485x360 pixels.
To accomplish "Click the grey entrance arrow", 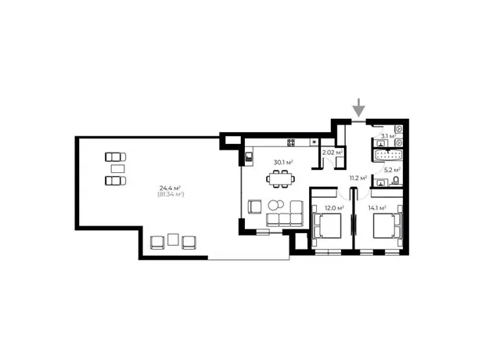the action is [359, 108].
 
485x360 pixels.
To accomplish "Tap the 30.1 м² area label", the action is [283, 162].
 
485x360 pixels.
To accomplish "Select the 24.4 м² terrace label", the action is [170, 188].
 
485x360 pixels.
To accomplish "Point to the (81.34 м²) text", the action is [171, 194].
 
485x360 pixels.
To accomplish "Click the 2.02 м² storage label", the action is [332, 153].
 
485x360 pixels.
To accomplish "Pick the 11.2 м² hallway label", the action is [358, 178].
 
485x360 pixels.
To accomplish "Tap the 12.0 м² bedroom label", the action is [334, 208].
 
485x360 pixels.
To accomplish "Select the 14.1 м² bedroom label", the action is [377, 208].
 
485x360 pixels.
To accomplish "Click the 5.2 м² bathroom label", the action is [392, 170].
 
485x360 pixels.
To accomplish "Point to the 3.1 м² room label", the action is [388, 136].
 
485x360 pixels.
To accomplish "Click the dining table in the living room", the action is [281, 178].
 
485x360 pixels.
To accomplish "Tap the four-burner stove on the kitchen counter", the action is [291, 142].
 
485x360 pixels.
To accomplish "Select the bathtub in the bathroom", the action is [388, 156].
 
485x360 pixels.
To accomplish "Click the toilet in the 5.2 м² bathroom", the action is [396, 181].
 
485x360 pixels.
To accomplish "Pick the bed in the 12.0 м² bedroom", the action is [327, 225].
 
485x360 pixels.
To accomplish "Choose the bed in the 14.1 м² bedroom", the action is [387, 225].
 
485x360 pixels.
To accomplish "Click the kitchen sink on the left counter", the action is [249, 157].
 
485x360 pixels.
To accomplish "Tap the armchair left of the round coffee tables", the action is [255, 207].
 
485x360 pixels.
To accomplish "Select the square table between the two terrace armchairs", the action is [173, 239].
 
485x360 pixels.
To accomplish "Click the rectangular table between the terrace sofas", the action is [118, 169].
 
